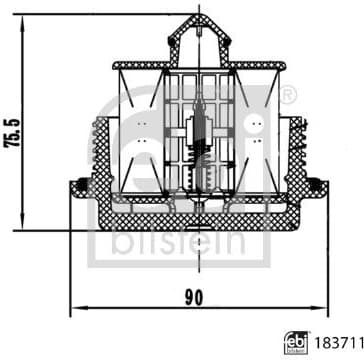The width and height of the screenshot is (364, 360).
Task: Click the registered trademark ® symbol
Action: click(x=290, y=95)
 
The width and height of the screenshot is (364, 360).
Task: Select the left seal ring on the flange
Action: click(x=78, y=183)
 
